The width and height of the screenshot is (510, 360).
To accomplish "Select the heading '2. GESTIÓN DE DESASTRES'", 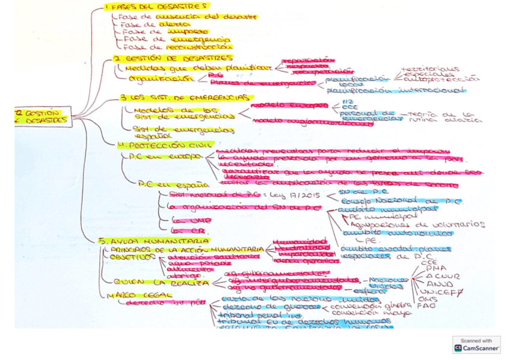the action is pyautogui.click(x=173, y=58).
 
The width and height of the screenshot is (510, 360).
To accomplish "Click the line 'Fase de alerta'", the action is pyautogui.click(x=143, y=25).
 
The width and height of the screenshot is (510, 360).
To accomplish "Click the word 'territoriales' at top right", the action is pyautogui.click(x=431, y=69).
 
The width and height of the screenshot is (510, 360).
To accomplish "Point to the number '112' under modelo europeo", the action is pyautogui.click(x=344, y=103).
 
